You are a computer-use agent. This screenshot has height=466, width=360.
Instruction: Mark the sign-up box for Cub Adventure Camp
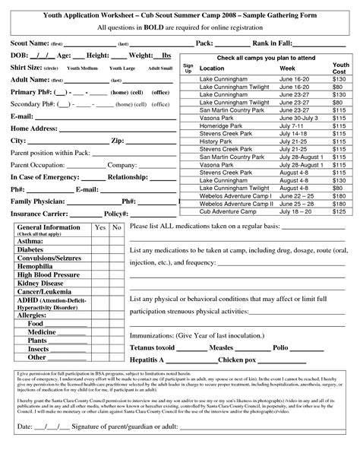point(188,211)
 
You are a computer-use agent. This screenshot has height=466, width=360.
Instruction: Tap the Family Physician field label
point(38,201)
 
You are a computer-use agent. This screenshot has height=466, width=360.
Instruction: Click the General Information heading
point(48,227)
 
